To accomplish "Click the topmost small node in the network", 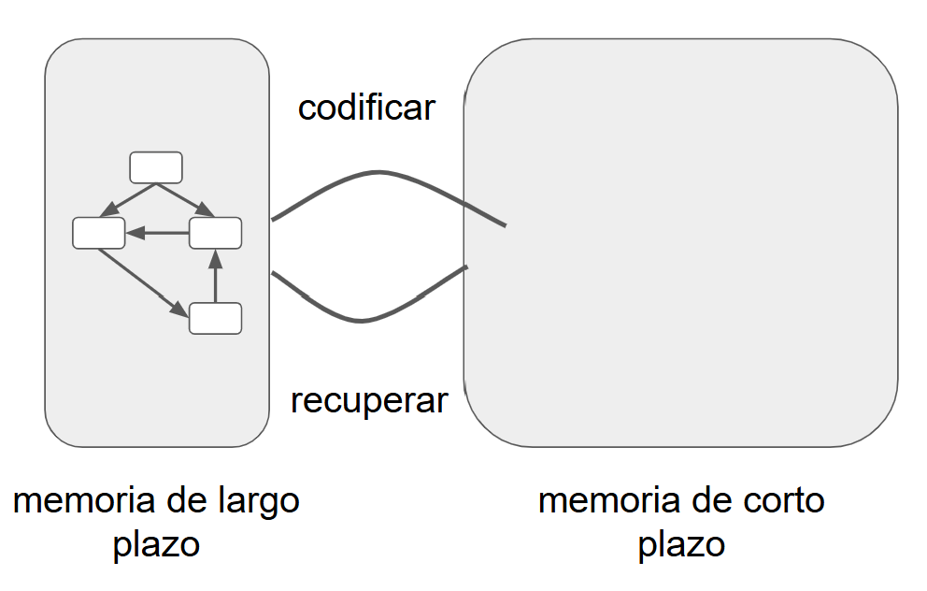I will [155, 167].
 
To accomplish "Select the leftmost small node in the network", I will [98, 233].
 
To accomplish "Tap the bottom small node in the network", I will [215, 318].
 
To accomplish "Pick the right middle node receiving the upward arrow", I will [215, 233].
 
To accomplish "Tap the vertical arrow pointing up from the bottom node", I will [215, 276].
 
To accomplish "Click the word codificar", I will [366, 108].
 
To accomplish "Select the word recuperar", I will [369, 401].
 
